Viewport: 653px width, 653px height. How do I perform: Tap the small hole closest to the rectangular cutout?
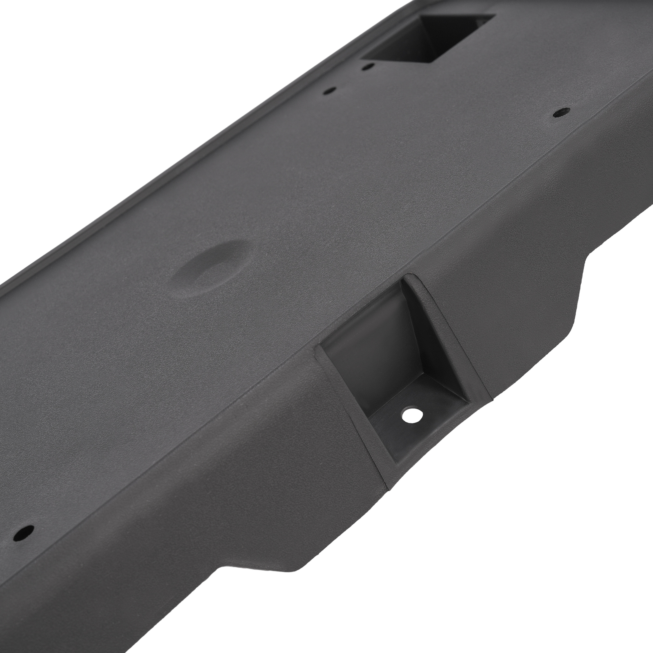[x=368, y=65]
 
